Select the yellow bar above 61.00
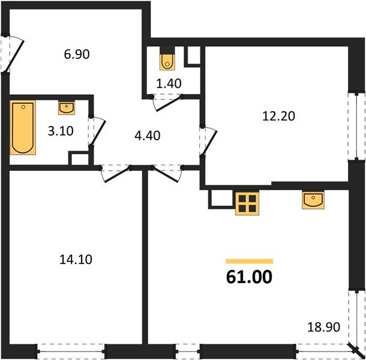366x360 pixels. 249,262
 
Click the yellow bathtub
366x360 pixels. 23,127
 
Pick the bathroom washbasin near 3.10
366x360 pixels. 66,108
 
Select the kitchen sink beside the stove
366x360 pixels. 313,199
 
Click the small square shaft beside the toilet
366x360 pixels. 193,56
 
